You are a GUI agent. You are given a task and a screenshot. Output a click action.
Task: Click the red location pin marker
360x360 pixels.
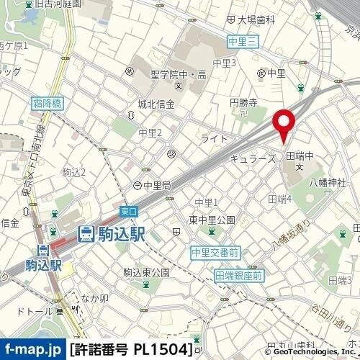[x=284, y=124]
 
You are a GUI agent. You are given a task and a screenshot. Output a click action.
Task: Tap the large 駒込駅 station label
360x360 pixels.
[x=112, y=233]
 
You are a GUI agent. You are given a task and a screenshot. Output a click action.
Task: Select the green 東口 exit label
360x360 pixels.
[x=128, y=211]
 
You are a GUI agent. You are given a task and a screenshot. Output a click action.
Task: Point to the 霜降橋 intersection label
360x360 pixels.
[x=48, y=104]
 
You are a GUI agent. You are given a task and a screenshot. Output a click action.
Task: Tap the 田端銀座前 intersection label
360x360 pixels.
[x=239, y=275]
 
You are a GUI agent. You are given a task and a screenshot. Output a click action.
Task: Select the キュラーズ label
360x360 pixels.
[x=252, y=157]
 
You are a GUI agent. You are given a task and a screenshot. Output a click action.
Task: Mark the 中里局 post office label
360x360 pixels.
[x=156, y=185]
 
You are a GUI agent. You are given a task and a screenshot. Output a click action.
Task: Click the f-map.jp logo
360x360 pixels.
[x=32, y=350]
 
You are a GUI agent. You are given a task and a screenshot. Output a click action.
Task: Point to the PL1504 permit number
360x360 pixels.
[x=163, y=350]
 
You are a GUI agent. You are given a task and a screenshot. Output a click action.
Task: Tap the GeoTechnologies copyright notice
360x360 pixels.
[x=311, y=353]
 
